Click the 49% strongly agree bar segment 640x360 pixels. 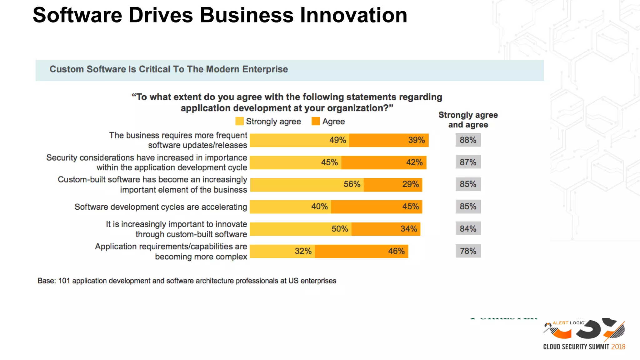click(x=299, y=140)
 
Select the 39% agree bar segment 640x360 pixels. click(x=389, y=140)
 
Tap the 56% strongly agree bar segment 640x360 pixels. click(x=307, y=185)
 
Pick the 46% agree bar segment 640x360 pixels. click(x=361, y=251)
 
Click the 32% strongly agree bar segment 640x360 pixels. click(x=282, y=251)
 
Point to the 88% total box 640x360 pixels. click(x=468, y=140)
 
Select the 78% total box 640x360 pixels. click(x=468, y=251)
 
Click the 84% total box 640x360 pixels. click(x=468, y=229)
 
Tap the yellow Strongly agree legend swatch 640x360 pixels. click(x=239, y=121)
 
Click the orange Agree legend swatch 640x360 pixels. click(x=316, y=121)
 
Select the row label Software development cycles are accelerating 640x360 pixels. click(x=161, y=207)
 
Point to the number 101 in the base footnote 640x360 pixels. click(x=64, y=281)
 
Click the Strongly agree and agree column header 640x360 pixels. click(x=468, y=120)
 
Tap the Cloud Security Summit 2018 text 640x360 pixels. click(x=584, y=347)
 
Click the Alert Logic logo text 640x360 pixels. click(x=568, y=323)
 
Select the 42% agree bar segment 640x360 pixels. click(x=384, y=162)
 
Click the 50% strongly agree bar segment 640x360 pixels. click(x=301, y=229)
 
